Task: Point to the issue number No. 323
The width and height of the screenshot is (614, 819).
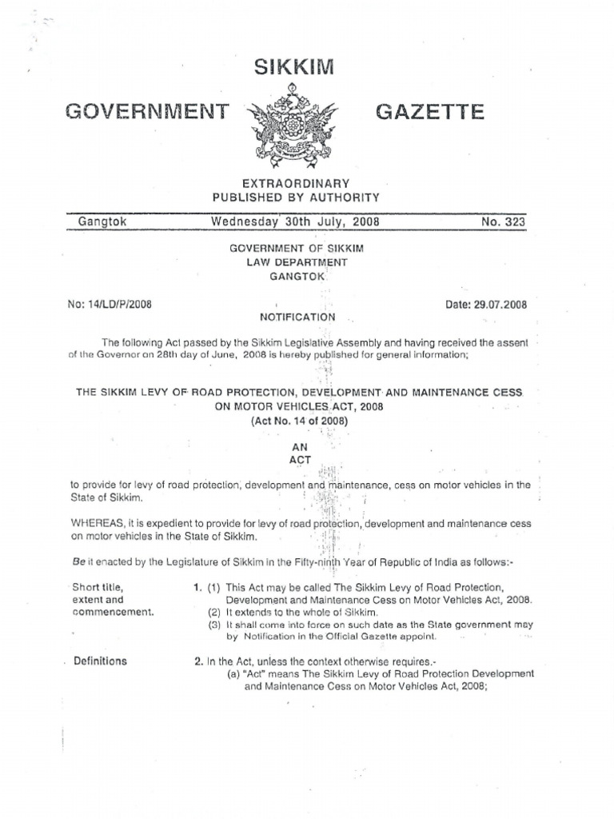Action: (503, 222)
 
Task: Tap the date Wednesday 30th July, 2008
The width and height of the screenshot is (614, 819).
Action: (294, 222)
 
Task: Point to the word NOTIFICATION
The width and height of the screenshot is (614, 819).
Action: (292, 317)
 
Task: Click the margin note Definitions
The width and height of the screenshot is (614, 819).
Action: (100, 661)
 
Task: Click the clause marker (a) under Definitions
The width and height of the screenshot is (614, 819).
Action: (235, 673)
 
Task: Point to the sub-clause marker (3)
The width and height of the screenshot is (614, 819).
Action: (213, 625)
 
